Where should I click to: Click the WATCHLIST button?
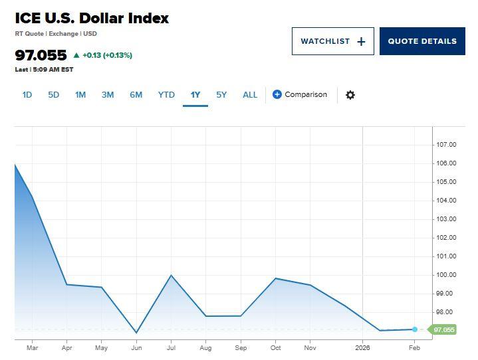tap(332, 41)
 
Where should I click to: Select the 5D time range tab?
tap(54, 95)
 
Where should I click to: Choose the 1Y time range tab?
tap(195, 95)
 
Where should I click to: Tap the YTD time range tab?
tap(166, 95)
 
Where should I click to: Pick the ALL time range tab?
tap(250, 95)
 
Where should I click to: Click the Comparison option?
tap(300, 94)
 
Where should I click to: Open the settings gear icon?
tap(350, 95)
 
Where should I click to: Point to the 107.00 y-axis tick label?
tap(446, 145)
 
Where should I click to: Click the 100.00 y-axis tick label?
tap(446, 275)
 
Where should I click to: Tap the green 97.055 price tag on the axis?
tap(443, 329)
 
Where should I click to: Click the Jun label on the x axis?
tap(136, 347)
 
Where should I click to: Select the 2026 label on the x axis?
tap(362, 347)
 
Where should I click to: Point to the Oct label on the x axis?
tap(275, 347)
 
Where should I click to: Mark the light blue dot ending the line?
tap(415, 329)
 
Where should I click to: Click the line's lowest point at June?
tap(136, 333)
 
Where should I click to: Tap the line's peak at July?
tap(172, 275)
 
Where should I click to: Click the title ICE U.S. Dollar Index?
tap(92, 19)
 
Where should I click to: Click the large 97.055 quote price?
tap(41, 55)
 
